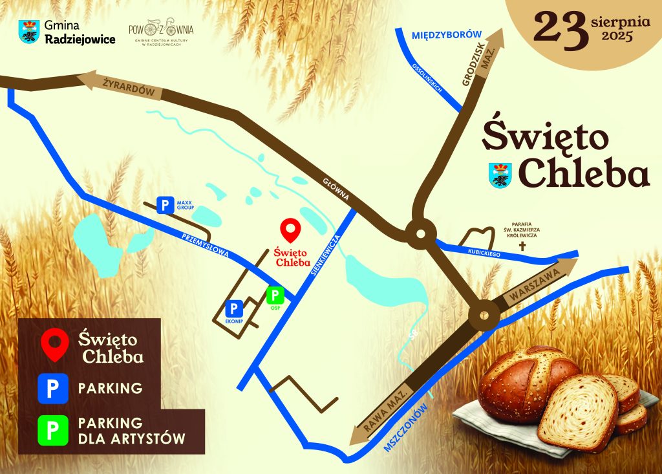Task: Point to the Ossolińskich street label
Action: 429,79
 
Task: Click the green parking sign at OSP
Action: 276,296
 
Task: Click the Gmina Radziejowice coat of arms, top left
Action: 30,31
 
